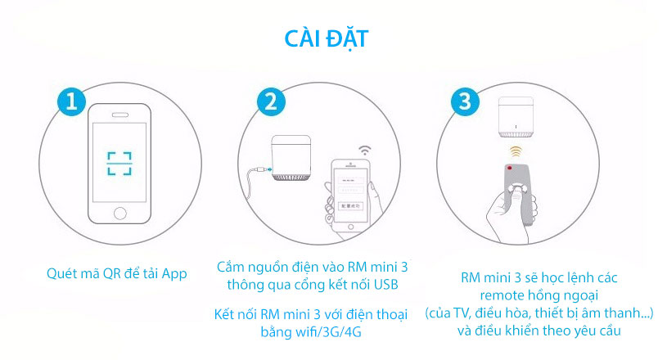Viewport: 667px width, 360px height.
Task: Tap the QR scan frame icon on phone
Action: (x=119, y=163)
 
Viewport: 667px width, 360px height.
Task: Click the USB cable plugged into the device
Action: (x=255, y=171)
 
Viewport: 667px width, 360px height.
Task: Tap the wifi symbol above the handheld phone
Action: (x=364, y=151)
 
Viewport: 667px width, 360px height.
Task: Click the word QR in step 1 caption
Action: (x=106, y=273)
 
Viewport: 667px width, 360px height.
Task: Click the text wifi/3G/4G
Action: (x=335, y=334)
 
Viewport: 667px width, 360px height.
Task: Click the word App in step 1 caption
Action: (x=174, y=273)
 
